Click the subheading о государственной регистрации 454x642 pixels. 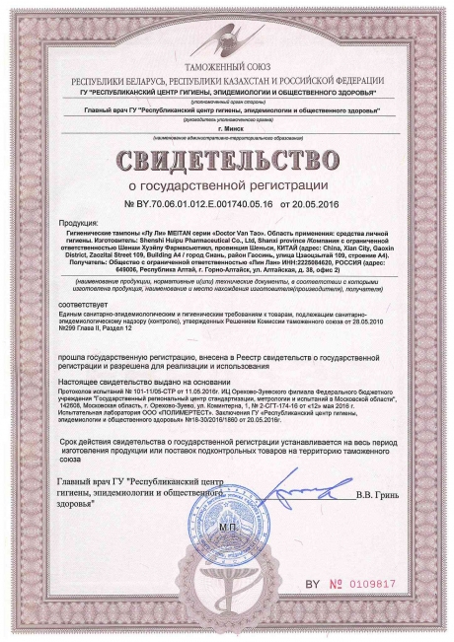(x=228, y=182)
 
